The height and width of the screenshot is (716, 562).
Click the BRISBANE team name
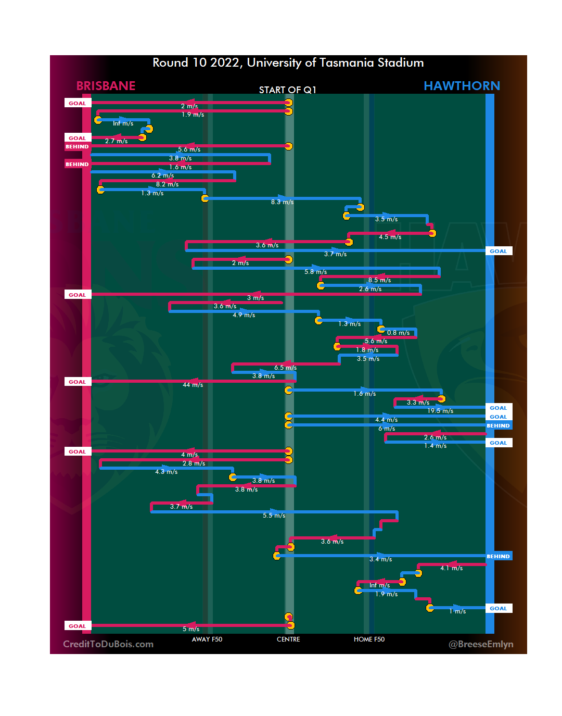pos(106,86)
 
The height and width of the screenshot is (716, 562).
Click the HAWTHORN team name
pos(462,86)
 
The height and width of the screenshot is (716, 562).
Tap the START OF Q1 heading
pos(288,90)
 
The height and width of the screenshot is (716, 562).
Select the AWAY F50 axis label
pos(207,639)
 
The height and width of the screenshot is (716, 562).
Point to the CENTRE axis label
pos(288,639)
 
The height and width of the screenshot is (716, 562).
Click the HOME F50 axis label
pos(369,639)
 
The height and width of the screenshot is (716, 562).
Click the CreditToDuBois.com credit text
pos(108,644)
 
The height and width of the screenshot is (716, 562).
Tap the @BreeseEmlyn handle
pos(481,644)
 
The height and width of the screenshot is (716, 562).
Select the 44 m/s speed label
pos(193,385)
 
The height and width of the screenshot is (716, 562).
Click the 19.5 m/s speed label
pos(440,411)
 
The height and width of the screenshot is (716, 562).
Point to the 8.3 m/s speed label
pos(282,202)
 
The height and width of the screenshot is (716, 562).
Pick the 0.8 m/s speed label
pos(398,333)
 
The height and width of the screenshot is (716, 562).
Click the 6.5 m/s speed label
pos(285,368)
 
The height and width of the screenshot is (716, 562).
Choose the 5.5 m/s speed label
pos(274,516)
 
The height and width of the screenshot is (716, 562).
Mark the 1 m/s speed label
pos(457,611)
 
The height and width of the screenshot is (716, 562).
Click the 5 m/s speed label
pos(191,629)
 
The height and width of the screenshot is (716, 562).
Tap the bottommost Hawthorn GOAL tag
pos(498,608)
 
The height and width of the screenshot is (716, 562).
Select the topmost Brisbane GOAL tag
pos(78,103)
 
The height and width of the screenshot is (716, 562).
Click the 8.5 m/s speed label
pos(379,280)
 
